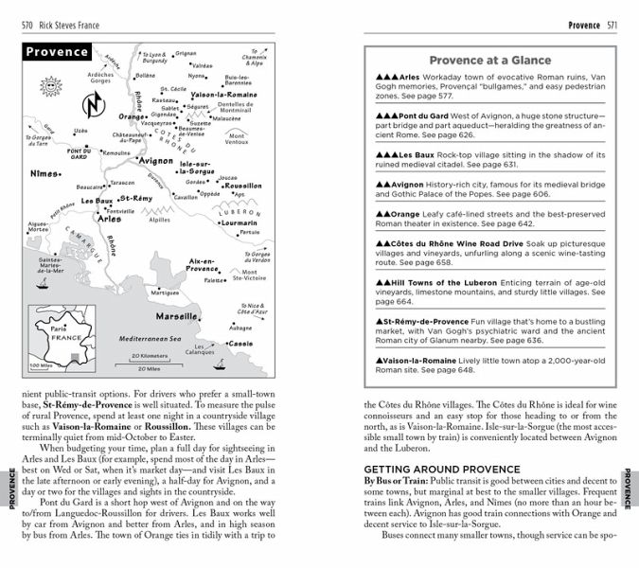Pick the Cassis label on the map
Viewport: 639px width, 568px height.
click(x=241, y=343)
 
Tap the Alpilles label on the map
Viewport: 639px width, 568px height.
click(x=159, y=219)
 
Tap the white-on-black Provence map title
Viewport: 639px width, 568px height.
click(x=58, y=52)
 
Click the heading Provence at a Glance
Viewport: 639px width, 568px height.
click(x=485, y=60)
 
